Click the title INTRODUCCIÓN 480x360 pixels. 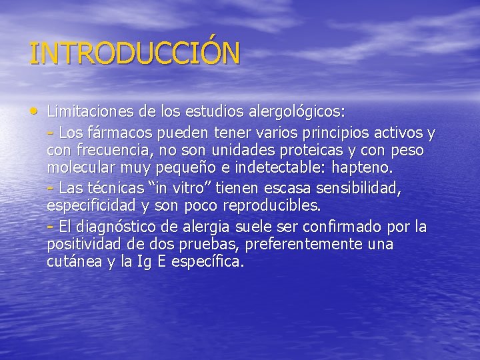(x=134, y=53)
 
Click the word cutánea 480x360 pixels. (x=73, y=262)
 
